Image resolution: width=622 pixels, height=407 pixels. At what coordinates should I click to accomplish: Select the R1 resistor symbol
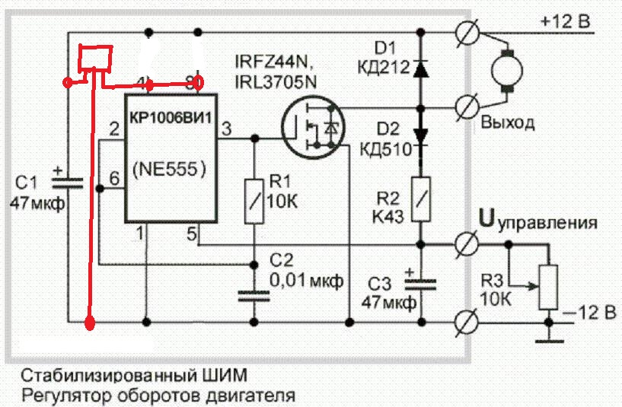point(255,200)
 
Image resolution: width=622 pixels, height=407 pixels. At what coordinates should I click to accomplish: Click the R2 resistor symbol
point(419,199)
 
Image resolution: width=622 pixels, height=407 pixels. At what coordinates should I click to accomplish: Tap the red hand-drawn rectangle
point(96,58)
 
